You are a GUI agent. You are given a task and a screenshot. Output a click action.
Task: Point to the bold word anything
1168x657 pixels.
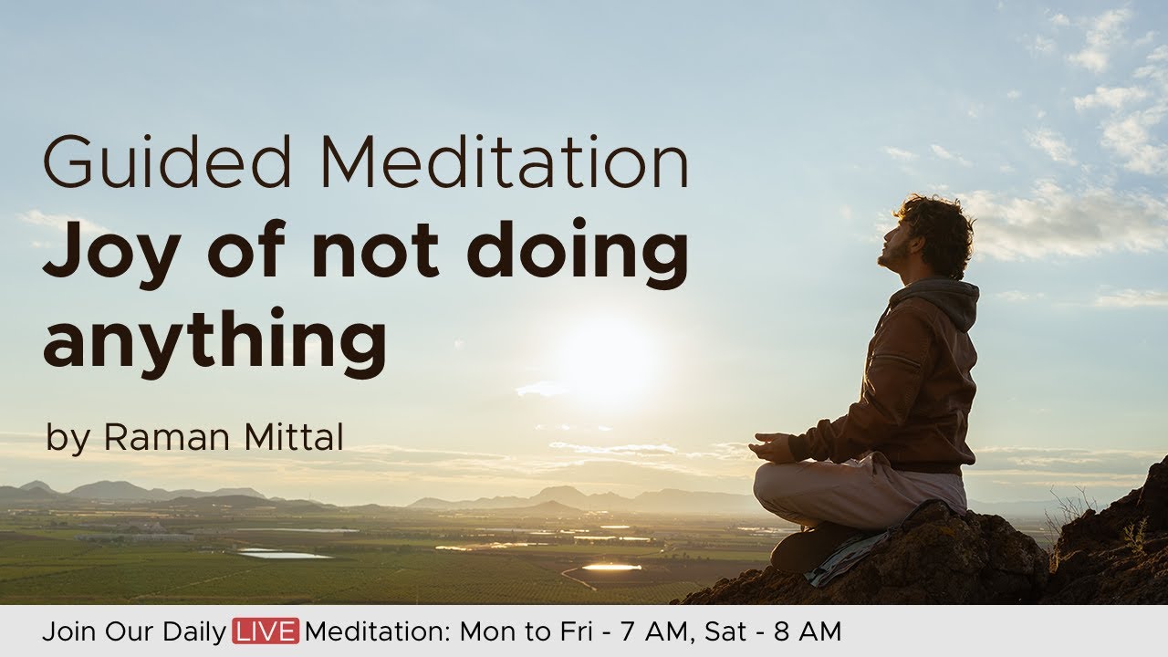(214, 339)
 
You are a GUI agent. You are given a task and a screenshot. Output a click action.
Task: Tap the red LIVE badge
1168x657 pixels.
(266, 631)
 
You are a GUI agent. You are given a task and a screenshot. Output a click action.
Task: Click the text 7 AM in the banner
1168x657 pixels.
(653, 631)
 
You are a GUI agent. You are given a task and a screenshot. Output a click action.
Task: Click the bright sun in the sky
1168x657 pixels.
(606, 359)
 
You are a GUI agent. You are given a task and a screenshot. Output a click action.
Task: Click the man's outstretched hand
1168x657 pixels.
(769, 447)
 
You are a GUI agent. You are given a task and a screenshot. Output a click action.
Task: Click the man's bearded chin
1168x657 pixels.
(887, 262)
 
